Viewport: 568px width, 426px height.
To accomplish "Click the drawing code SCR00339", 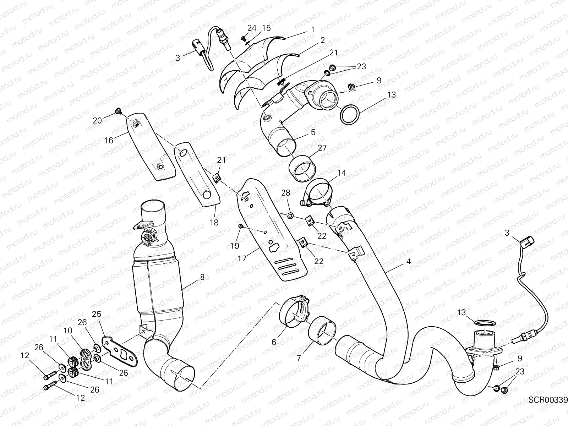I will (x=548, y=400).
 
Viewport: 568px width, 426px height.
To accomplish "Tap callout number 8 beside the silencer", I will (x=202, y=278).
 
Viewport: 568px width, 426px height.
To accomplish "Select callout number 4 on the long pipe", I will (x=409, y=261).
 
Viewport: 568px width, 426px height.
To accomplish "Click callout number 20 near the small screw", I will (x=97, y=120).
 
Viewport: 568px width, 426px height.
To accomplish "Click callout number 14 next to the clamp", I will (x=342, y=173).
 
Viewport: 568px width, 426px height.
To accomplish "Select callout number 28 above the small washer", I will (x=286, y=193).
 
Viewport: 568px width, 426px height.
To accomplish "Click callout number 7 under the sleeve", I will (x=299, y=358).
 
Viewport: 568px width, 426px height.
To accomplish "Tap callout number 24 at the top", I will (x=252, y=28).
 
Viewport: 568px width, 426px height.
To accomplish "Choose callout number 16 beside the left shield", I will (x=109, y=140).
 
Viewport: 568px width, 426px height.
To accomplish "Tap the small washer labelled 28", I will (x=290, y=215).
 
